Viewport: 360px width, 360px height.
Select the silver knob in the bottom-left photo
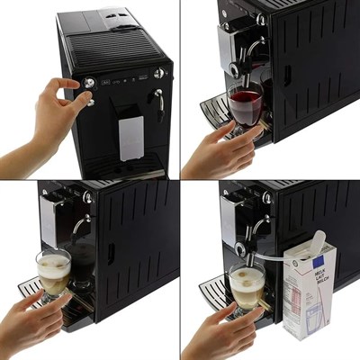[87, 196]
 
